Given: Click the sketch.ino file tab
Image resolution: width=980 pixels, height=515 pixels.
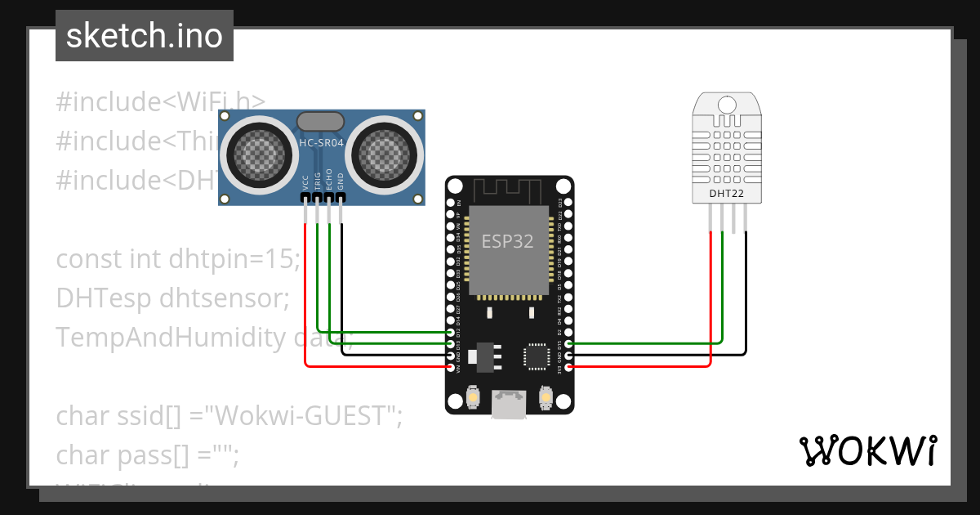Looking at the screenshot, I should [x=145, y=36].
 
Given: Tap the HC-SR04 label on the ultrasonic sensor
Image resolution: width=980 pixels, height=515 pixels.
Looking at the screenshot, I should [x=321, y=143].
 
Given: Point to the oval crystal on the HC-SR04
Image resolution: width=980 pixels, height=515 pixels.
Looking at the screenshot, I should [x=321, y=121].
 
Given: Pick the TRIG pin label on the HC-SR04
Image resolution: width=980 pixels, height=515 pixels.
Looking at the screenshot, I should [x=318, y=181].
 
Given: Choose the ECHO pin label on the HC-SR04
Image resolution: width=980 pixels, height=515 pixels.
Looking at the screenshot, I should [x=329, y=181].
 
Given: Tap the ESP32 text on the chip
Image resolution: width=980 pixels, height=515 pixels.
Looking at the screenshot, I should [x=508, y=241].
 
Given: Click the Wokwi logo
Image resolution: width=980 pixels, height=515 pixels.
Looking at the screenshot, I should [x=867, y=450].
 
